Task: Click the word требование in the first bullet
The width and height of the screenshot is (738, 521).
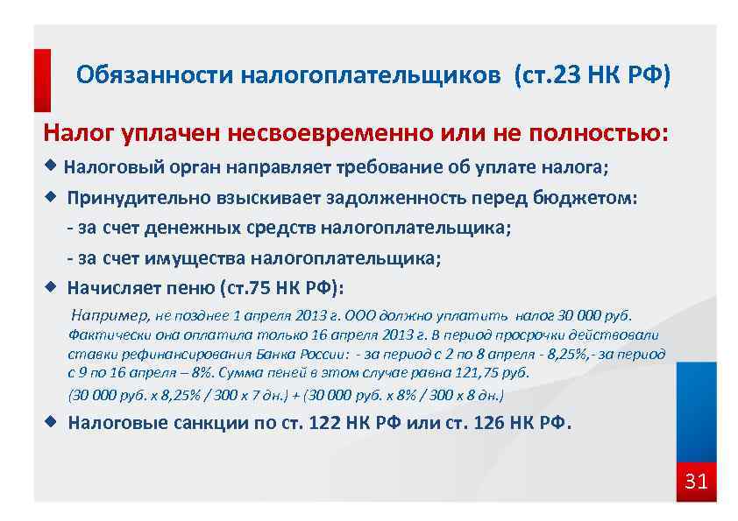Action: (x=384, y=166)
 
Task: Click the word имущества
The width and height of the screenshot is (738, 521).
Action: (x=204, y=258)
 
